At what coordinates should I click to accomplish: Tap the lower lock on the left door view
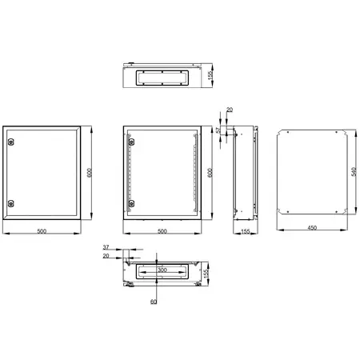10,203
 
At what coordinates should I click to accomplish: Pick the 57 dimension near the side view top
219,128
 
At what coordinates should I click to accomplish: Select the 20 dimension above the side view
230,110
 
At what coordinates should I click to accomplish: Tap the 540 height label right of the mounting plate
353,172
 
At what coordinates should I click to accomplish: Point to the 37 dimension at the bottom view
106,247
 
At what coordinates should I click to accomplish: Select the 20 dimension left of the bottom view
106,256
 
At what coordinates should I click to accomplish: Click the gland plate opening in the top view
162,78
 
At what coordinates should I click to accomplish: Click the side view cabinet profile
243,173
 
